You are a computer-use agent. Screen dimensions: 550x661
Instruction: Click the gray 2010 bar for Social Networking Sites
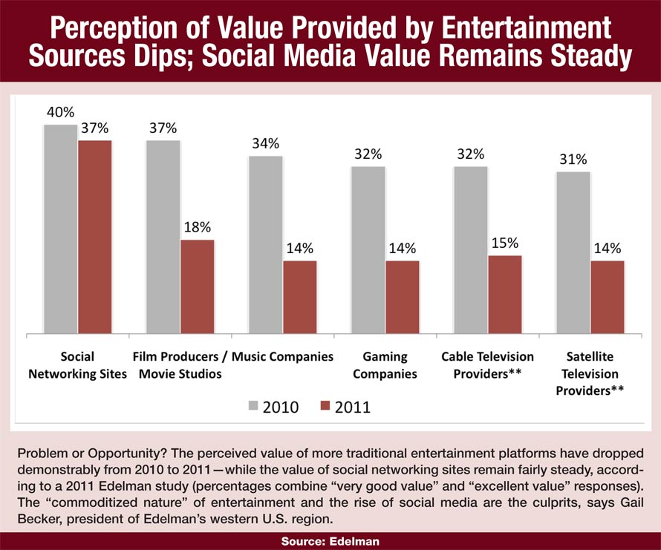pyautogui.click(x=60, y=230)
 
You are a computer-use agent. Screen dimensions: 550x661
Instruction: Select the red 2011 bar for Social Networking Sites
pyautogui.click(x=94, y=238)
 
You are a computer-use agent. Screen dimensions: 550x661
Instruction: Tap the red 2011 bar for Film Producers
pyautogui.click(x=197, y=287)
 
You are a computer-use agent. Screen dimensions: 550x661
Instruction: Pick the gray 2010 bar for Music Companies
pyautogui.click(x=265, y=245)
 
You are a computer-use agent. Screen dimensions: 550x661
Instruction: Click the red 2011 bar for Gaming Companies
pyautogui.click(x=402, y=298)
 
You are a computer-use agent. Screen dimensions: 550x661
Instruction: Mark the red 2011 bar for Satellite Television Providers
pyautogui.click(x=607, y=298)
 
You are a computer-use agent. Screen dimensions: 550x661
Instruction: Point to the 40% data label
pyautogui.click(x=60, y=113)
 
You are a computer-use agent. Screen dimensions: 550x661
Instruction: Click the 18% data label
pyautogui.click(x=197, y=227)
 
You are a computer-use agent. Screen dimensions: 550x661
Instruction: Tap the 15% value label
pyautogui.click(x=504, y=243)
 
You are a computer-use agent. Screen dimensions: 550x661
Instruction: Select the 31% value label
pyautogui.click(x=573, y=160)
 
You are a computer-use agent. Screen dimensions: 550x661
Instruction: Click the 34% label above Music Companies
pyautogui.click(x=265, y=143)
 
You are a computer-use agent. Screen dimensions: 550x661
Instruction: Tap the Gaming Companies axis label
pyautogui.click(x=383, y=364)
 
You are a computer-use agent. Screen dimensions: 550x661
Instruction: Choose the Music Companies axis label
pyautogui.click(x=282, y=356)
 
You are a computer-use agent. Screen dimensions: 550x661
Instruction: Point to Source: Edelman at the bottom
pyautogui.click(x=330, y=542)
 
